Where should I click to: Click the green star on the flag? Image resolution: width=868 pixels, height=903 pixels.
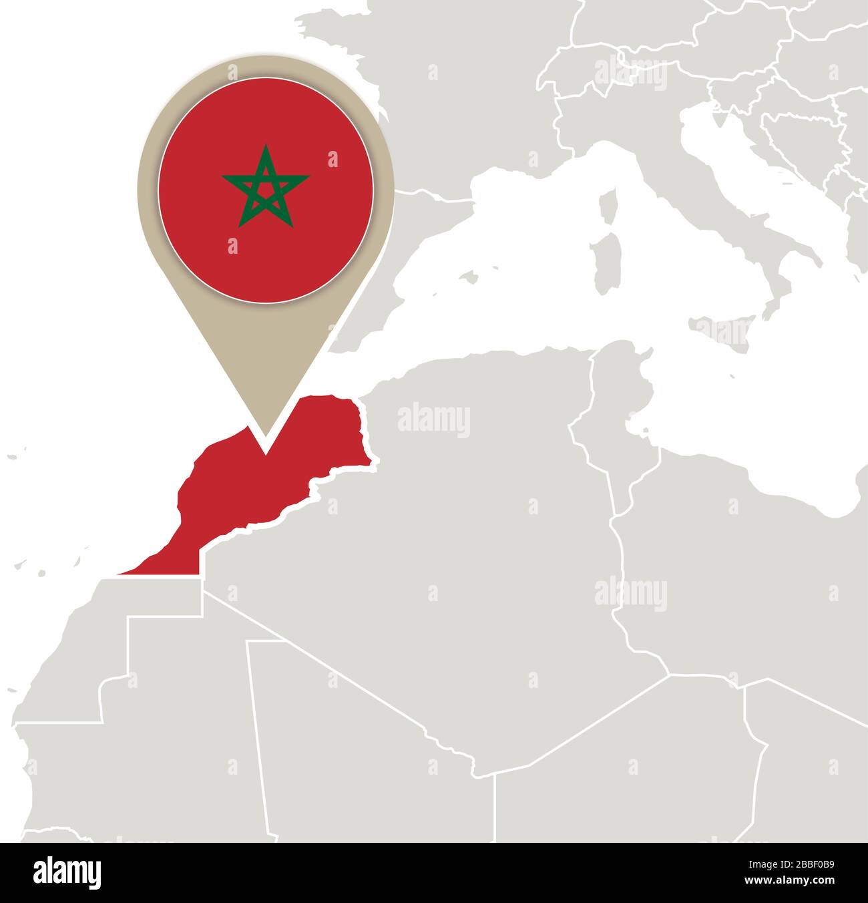pyautogui.click(x=266, y=186)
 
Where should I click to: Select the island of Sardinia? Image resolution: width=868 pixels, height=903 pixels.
pyautogui.click(x=604, y=262)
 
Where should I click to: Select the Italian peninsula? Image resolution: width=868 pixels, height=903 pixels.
pyautogui.click(x=741, y=200)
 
